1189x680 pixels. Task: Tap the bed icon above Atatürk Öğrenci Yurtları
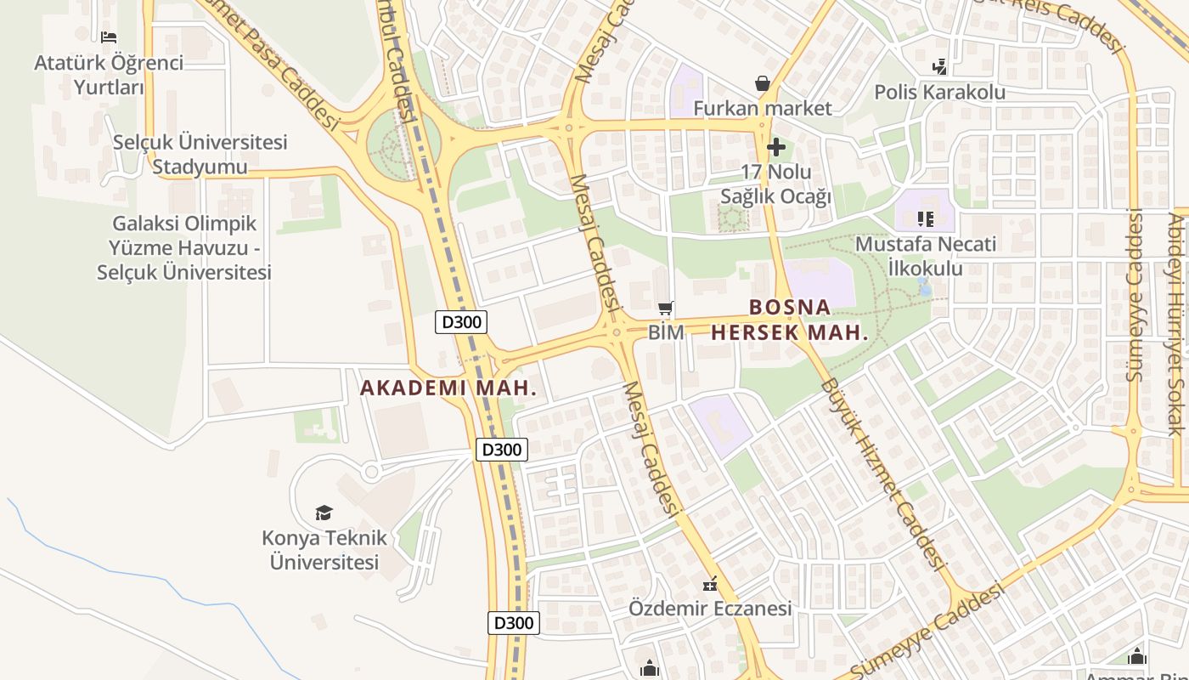pos(109,37)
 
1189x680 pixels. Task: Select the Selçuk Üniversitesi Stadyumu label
pos(200,154)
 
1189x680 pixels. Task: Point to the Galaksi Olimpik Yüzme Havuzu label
pos(184,247)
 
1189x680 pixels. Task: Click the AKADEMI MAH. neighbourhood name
pos(448,388)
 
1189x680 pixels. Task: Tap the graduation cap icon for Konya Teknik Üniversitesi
pos(324,513)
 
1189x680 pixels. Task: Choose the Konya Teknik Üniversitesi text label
pos(324,550)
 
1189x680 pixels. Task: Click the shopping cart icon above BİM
pos(666,308)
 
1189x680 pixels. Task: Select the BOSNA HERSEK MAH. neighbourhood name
pos(790,320)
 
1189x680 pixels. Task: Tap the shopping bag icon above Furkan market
pos(763,83)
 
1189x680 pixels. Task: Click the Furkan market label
pos(763,108)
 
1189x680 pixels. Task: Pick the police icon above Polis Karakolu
pos(939,66)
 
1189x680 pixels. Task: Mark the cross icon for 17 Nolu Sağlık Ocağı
pos(775,147)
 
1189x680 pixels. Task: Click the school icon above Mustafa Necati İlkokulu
pos(925,219)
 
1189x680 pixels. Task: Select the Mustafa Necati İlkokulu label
pos(925,256)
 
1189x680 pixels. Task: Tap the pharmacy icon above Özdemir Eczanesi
pos(710,584)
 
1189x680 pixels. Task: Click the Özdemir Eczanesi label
pos(710,609)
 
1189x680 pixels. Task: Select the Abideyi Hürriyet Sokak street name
pos(1176,323)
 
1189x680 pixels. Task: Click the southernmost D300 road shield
pos(514,623)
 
